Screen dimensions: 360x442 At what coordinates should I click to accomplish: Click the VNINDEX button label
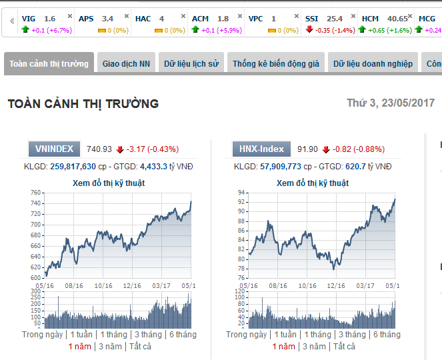[x=55, y=149]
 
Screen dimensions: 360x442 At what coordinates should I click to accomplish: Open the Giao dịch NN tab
[x=126, y=64]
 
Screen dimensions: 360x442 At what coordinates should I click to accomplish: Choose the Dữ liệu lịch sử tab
[x=191, y=64]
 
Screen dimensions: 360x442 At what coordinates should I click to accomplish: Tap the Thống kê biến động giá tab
[x=276, y=64]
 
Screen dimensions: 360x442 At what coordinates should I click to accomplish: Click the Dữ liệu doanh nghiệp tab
[x=373, y=64]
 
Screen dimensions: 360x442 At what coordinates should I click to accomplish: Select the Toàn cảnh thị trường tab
[x=49, y=64]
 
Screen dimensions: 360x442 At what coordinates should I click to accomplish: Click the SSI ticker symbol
[x=311, y=19]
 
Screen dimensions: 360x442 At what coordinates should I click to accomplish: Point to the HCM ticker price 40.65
[x=397, y=19]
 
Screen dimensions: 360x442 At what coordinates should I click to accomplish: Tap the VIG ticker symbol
[x=29, y=19]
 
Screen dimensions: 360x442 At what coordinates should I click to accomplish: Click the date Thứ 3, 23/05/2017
[x=391, y=103]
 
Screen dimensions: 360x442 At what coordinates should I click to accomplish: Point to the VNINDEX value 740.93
[x=99, y=149]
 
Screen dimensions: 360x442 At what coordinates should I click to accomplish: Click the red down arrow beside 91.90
[x=326, y=149]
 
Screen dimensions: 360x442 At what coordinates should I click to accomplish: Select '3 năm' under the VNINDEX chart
[x=110, y=346]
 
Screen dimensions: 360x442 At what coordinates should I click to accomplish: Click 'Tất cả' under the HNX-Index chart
[x=345, y=346]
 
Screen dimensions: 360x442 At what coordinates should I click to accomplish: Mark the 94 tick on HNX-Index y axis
[x=241, y=192]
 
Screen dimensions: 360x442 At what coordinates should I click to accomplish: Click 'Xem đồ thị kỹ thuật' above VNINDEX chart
[x=108, y=183]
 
